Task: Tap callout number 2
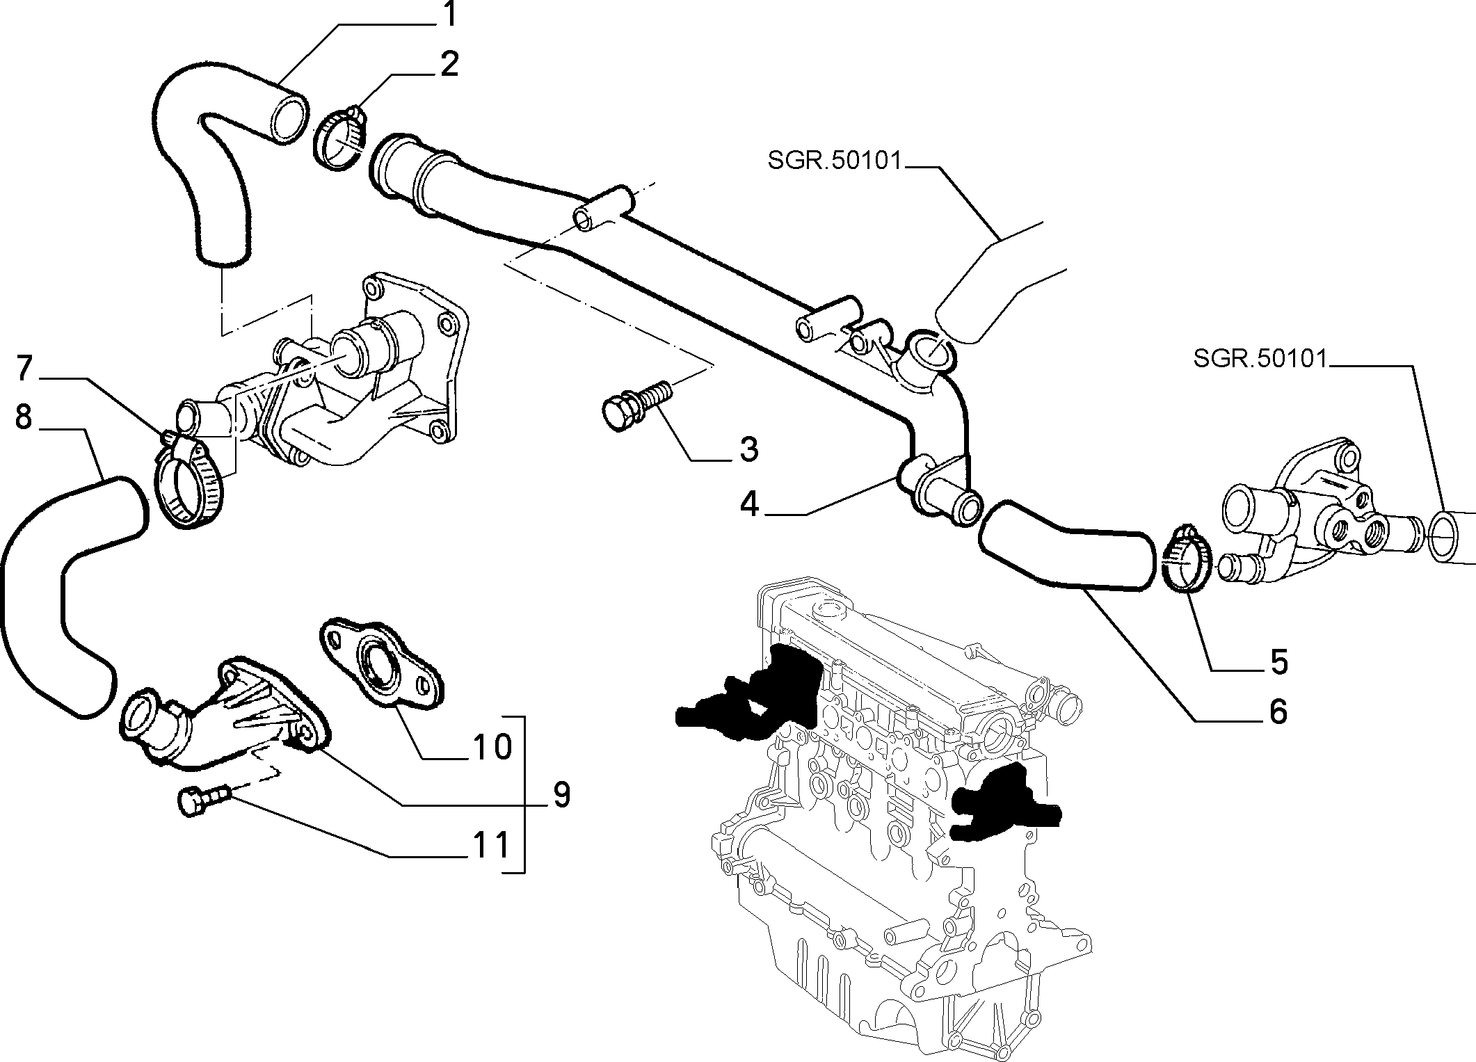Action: pos(449,65)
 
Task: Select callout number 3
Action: pos(748,449)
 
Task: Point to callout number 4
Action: pos(749,504)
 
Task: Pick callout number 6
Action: pos(1278,712)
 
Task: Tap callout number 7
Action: pos(25,369)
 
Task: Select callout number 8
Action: pos(24,418)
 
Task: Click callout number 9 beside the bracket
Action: pos(561,794)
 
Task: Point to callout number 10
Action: pos(492,747)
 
